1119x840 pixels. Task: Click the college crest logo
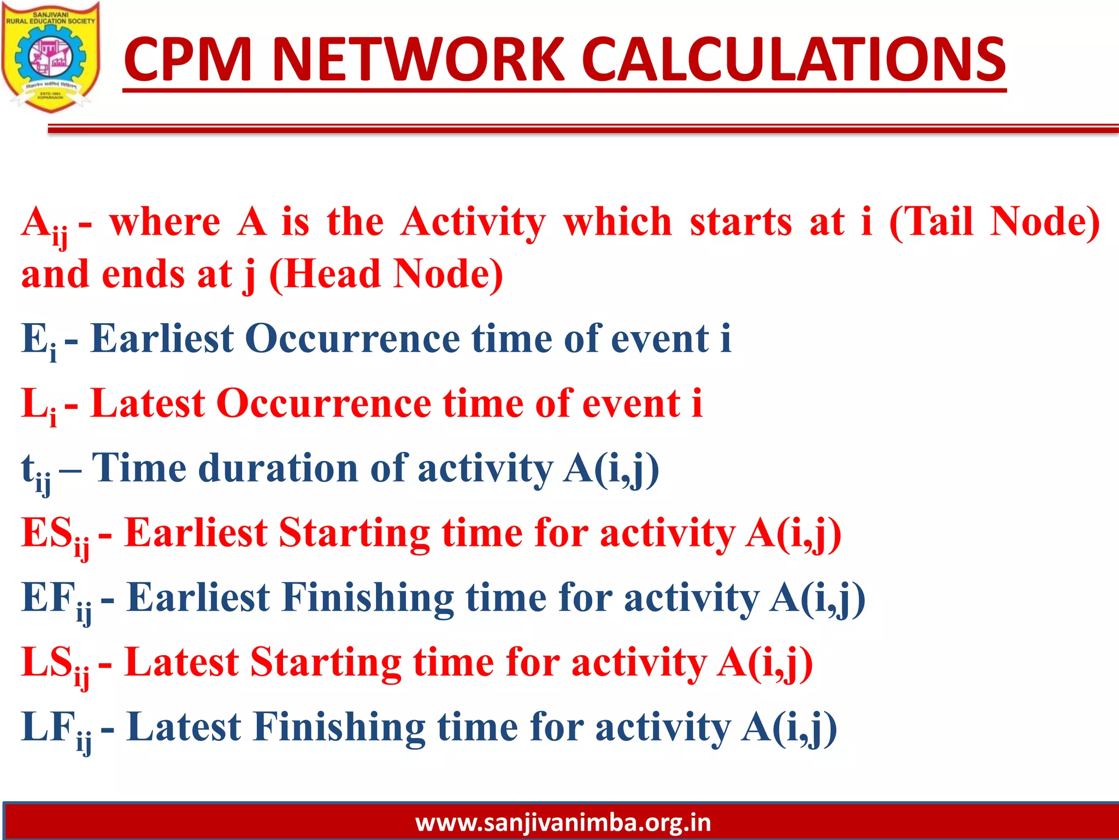click(50, 57)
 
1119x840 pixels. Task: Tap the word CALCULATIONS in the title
click(792, 59)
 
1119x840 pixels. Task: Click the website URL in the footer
click(563, 822)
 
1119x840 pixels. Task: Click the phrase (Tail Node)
click(994, 222)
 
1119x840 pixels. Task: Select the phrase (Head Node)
click(386, 274)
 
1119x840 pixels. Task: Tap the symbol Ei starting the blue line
click(38, 340)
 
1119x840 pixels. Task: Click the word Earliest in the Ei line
click(162, 339)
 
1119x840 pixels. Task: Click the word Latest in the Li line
click(148, 404)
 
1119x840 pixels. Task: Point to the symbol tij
click(36, 471)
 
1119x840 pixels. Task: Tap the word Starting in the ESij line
click(354, 533)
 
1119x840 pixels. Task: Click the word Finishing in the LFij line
click(339, 727)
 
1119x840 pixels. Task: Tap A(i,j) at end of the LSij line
click(765, 663)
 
